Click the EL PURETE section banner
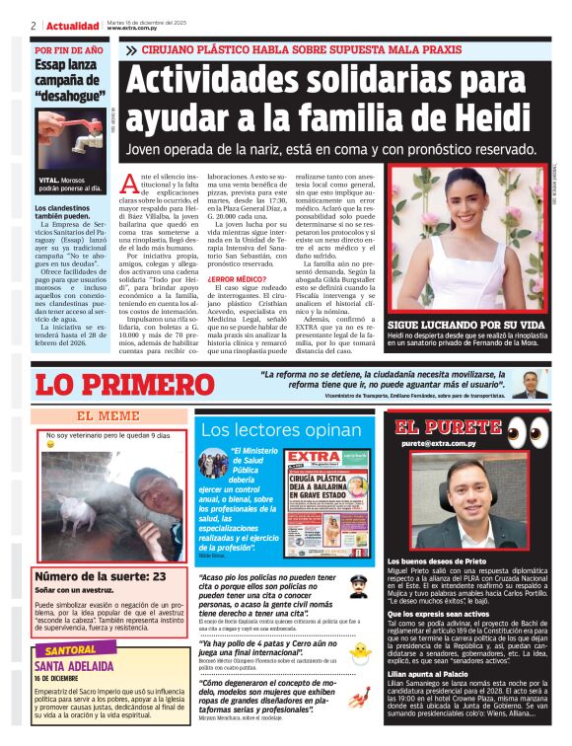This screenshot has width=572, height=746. point(449,427)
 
